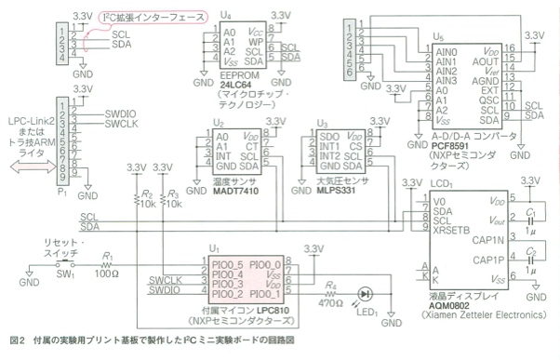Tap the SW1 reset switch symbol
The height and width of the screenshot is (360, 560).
(67, 266)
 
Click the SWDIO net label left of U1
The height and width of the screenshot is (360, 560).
(165, 291)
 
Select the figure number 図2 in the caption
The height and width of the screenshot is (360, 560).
(15, 340)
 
